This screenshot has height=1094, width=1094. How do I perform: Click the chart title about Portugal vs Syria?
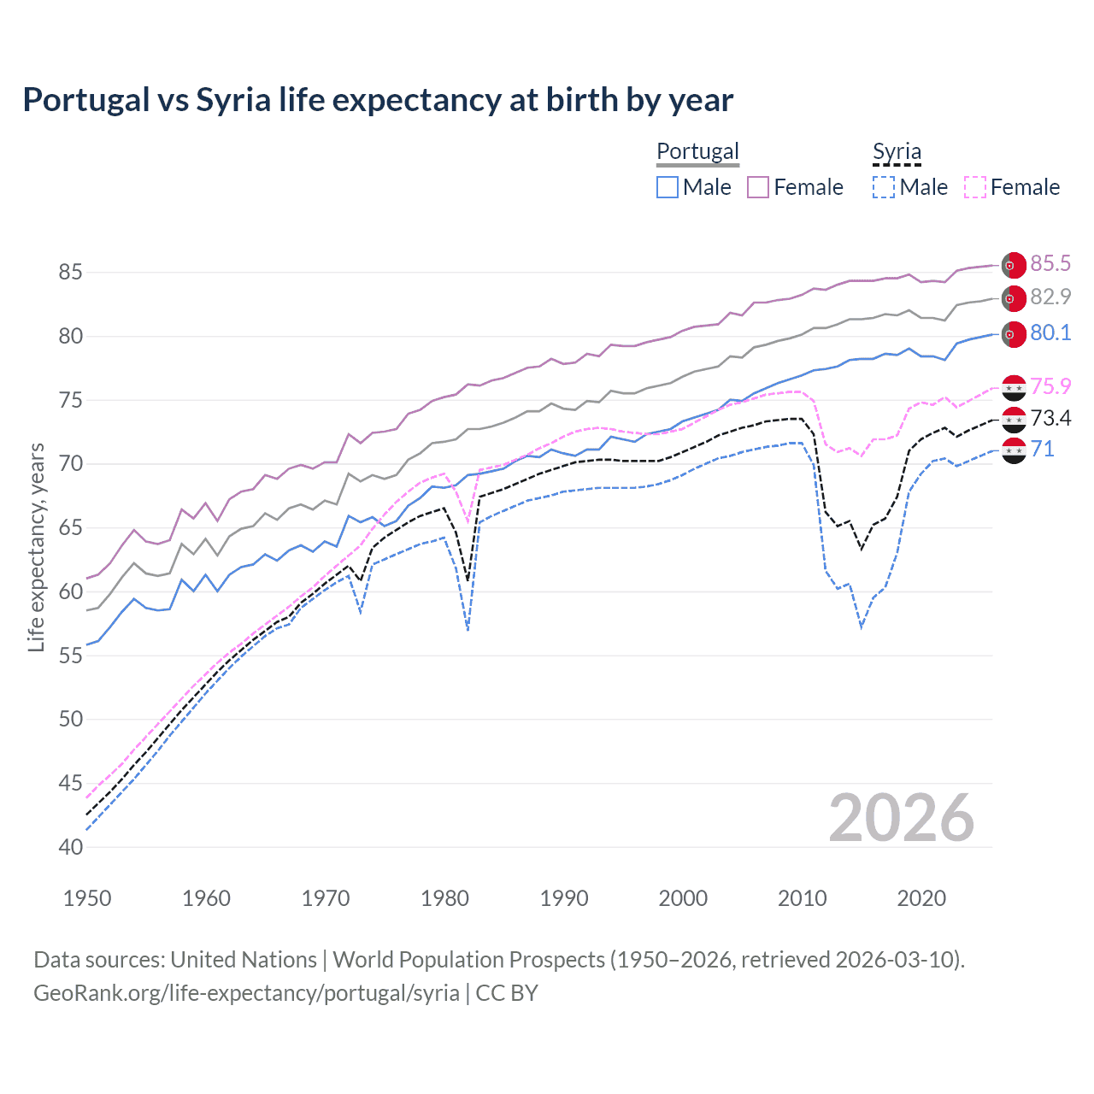pyautogui.click(x=378, y=100)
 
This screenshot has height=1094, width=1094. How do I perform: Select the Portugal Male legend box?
pyautogui.click(x=668, y=187)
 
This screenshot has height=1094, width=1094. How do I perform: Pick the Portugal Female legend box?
pyautogui.click(x=758, y=187)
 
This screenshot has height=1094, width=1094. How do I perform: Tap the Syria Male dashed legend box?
pyautogui.click(x=884, y=187)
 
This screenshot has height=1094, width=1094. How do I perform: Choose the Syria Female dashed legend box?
pyautogui.click(x=975, y=187)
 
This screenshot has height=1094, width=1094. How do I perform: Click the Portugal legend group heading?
pyautogui.click(x=697, y=151)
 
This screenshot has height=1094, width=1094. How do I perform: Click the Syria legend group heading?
pyautogui.click(x=897, y=151)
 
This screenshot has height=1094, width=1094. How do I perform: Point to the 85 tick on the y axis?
pyautogui.click(x=70, y=273)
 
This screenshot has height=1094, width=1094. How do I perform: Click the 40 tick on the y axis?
pyautogui.click(x=70, y=847)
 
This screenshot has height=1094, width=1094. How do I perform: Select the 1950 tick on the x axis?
pyautogui.click(x=87, y=898)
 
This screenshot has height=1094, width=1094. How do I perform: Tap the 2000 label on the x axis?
pyautogui.click(x=683, y=898)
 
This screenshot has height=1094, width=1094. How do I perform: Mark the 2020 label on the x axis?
pyautogui.click(x=921, y=898)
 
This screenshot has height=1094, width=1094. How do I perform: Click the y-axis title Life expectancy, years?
pyautogui.click(x=36, y=547)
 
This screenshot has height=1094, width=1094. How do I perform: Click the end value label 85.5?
pyautogui.click(x=1050, y=264)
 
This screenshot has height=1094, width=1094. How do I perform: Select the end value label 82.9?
pyautogui.click(x=1050, y=297)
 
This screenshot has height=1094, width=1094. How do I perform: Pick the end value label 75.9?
pyautogui.click(x=1050, y=386)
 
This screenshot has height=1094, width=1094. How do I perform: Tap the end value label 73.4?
pyautogui.click(x=1050, y=418)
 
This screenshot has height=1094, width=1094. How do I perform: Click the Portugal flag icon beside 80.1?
pyautogui.click(x=1014, y=334)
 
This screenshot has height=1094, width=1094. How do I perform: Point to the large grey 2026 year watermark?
pyautogui.click(x=902, y=818)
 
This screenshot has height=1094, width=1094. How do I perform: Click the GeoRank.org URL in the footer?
pyautogui.click(x=246, y=993)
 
